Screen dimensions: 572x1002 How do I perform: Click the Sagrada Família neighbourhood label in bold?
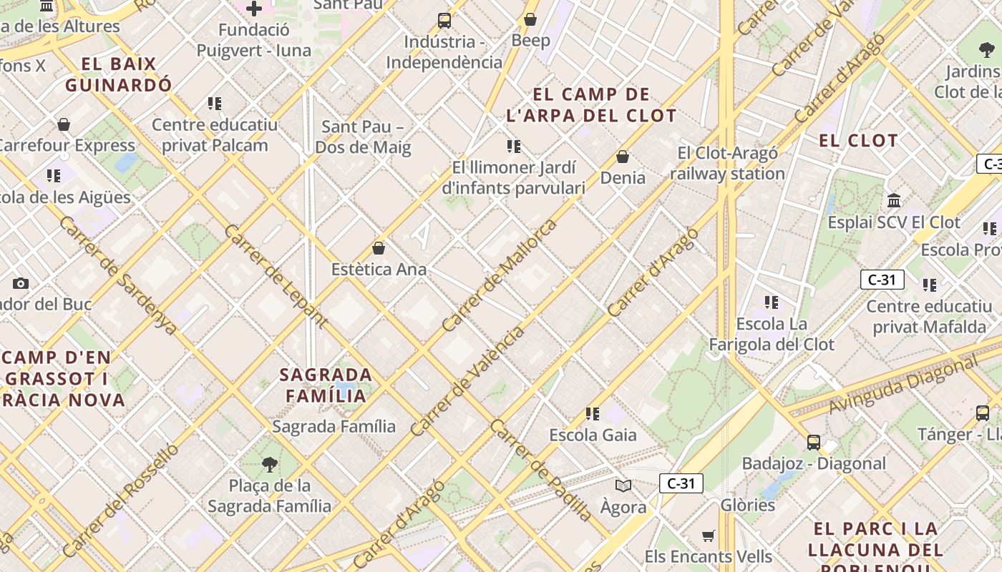tap(326, 385)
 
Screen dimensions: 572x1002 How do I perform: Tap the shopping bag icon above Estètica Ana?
tap(379, 248)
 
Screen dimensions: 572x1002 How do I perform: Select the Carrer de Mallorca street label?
tap(499, 275)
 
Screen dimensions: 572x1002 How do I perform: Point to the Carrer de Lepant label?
tap(276, 276)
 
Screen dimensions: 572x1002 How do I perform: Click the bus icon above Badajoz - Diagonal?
tap(814, 442)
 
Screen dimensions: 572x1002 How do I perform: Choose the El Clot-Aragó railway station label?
tap(728, 163)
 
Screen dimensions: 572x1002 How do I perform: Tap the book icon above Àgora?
tap(623, 486)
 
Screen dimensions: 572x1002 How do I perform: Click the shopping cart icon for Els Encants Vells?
tap(709, 536)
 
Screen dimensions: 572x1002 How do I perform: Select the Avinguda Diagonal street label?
tap(903, 385)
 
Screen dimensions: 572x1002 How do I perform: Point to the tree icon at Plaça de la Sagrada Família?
tap(270, 465)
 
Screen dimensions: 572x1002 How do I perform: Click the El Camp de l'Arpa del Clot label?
tap(591, 104)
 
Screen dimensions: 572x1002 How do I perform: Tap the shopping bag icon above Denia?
tap(623, 156)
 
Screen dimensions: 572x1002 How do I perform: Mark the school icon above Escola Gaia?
tap(593, 413)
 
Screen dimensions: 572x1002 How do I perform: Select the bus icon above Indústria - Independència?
tap(444, 20)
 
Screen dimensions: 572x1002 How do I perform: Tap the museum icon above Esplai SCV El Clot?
tap(894, 200)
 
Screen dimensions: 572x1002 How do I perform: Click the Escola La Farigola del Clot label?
tap(772, 334)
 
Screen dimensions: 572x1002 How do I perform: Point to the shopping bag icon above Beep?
tap(530, 19)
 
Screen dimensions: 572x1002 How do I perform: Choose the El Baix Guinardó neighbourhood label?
tap(119, 74)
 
